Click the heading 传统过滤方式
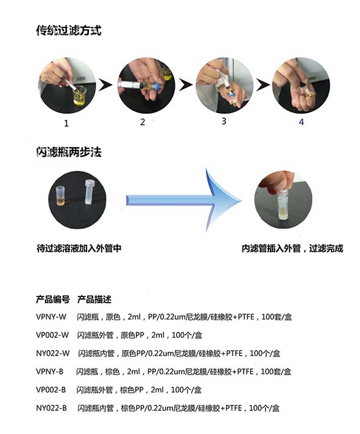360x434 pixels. click(x=69, y=30)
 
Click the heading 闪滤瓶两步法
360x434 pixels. click(x=69, y=152)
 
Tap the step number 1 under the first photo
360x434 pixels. click(x=66, y=124)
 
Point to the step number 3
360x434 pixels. click(x=224, y=121)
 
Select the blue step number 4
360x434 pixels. click(x=302, y=122)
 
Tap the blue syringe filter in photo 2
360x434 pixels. click(x=158, y=86)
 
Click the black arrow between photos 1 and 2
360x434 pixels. click(x=105, y=85)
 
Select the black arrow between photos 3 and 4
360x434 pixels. click(x=263, y=85)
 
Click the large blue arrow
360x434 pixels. click(x=183, y=200)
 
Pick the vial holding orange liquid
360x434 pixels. click(x=60, y=196)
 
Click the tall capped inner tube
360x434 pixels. click(x=88, y=192)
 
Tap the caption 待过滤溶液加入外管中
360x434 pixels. click(x=79, y=248)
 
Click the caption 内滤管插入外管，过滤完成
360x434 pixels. click(x=292, y=248)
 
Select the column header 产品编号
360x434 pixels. click(x=52, y=299)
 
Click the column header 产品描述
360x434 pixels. click(x=94, y=299)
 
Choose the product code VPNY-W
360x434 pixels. click(x=51, y=317)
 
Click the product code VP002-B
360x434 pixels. click(x=51, y=390)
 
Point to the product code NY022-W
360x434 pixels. click(x=52, y=353)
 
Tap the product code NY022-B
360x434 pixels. click(x=52, y=408)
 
